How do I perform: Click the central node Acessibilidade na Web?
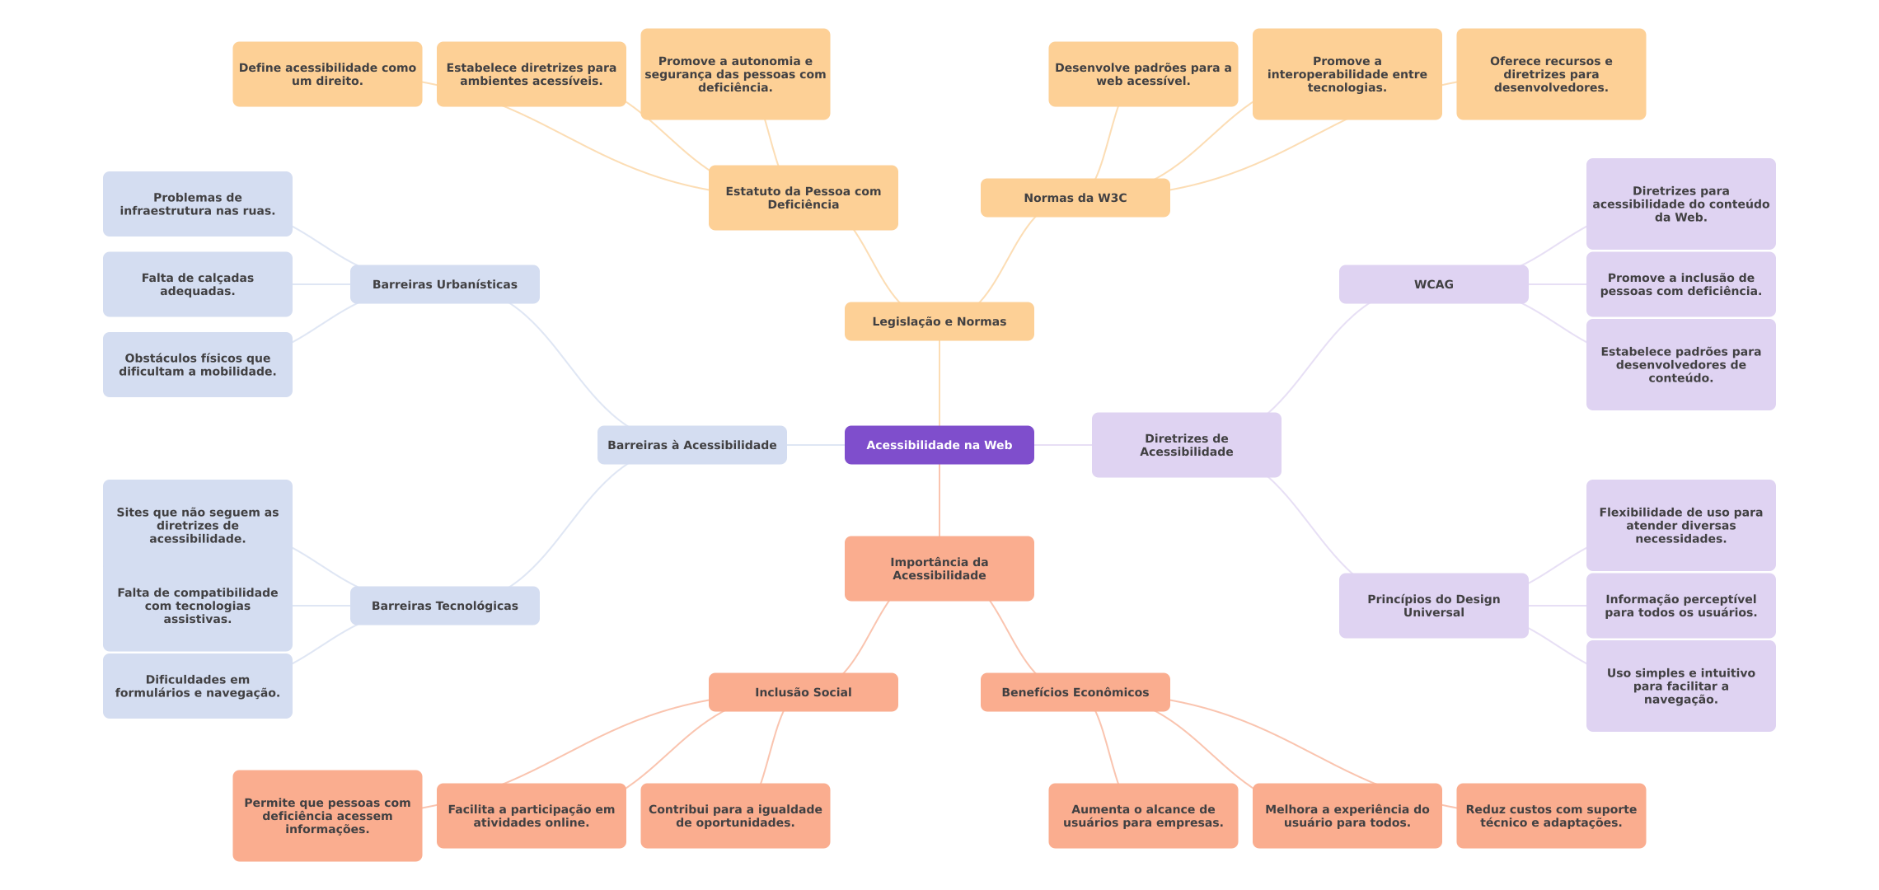939,445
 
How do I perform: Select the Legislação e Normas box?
939,321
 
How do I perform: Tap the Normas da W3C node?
1075,198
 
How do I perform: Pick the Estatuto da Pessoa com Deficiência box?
803,198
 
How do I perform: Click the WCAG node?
1433,284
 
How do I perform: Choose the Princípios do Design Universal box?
1433,606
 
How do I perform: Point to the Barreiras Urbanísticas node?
444,284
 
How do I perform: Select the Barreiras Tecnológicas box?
444,606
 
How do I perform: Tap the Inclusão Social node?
803,692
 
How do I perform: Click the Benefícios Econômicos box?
1075,692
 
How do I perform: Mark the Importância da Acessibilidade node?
939,569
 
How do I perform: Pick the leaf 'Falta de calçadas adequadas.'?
197,284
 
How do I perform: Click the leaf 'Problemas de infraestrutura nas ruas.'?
197,204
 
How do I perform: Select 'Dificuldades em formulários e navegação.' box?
197,686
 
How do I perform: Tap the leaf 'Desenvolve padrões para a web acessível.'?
1142,74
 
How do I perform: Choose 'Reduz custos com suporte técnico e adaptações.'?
1550,816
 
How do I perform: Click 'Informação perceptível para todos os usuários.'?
1680,606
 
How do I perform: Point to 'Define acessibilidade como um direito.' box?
327,74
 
